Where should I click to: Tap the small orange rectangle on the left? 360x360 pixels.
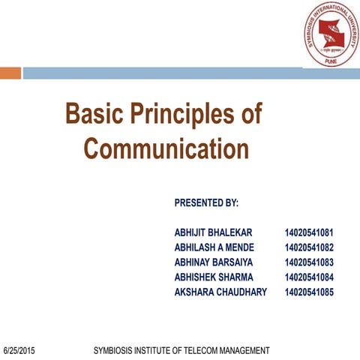click(10, 73)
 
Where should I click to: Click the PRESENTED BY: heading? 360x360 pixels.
click(206, 202)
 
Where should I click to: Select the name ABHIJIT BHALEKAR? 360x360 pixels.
click(214, 233)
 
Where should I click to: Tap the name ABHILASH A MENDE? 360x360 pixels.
click(214, 247)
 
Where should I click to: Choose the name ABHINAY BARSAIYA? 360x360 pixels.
click(214, 262)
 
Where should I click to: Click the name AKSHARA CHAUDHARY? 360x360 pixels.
click(220, 292)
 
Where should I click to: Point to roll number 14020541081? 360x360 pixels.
click(309, 233)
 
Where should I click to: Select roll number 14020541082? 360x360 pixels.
click(309, 247)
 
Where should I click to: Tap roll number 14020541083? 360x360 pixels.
click(309, 262)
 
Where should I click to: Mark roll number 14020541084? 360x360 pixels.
click(309, 277)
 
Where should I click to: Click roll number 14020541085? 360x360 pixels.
click(309, 292)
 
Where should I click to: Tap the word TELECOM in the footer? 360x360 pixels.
click(205, 351)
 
